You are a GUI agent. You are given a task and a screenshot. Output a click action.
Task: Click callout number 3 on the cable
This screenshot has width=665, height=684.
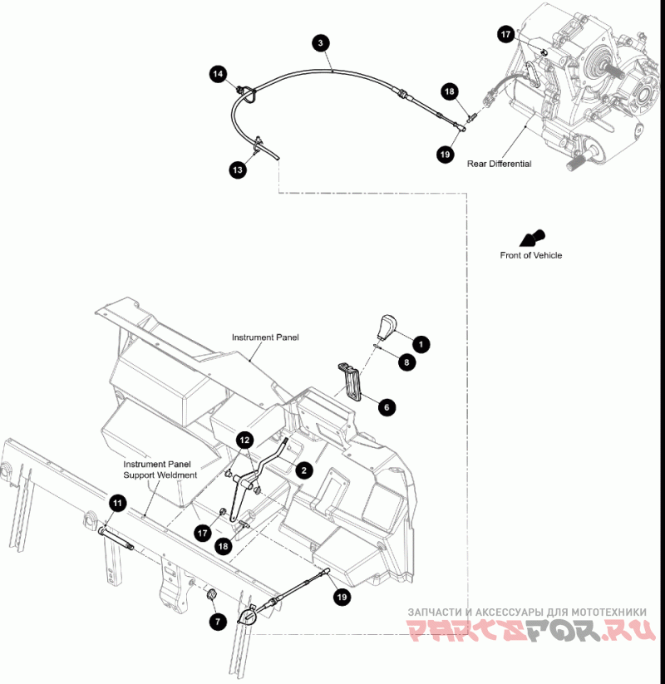(x=319, y=42)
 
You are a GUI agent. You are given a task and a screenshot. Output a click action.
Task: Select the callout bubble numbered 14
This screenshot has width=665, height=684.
(x=218, y=75)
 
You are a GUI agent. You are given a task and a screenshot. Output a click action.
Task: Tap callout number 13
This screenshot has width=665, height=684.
(x=238, y=170)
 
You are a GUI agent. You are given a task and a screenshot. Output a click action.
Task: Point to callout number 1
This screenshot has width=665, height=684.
(x=421, y=342)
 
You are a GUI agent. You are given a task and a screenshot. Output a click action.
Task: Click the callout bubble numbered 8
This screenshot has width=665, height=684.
(x=406, y=362)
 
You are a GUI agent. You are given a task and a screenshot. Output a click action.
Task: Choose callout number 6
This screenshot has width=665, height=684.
(x=387, y=407)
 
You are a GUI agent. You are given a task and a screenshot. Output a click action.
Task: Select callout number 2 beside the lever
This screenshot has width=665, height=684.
(x=304, y=470)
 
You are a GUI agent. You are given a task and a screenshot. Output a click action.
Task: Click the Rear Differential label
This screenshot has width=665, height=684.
(x=499, y=164)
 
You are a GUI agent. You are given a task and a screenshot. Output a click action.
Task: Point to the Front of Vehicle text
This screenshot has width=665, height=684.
(x=530, y=255)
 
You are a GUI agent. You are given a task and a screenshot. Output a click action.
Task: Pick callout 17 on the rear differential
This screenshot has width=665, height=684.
(x=505, y=34)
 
